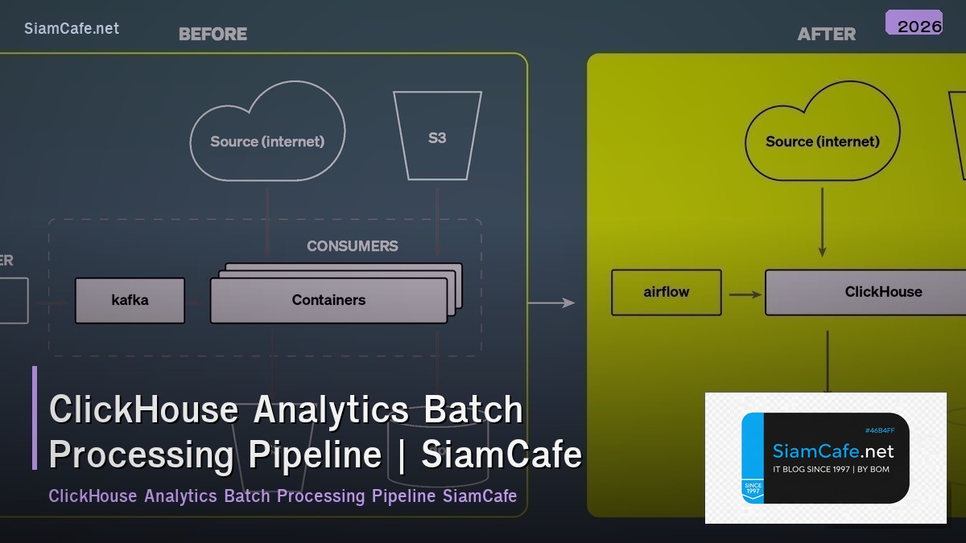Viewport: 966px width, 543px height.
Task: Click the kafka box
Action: pyautogui.click(x=130, y=300)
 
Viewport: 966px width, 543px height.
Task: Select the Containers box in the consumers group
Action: pyautogui.click(x=328, y=300)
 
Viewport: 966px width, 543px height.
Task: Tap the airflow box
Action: pyautogui.click(x=667, y=292)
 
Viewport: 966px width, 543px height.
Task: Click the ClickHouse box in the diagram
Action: pyautogui.click(x=882, y=292)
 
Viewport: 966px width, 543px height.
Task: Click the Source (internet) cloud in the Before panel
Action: pyautogui.click(x=267, y=141)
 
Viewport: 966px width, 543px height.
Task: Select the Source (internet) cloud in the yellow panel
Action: pyautogui.click(x=822, y=141)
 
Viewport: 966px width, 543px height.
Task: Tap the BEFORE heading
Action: pyautogui.click(x=213, y=34)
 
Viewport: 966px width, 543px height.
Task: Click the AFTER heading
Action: pyautogui.click(x=826, y=34)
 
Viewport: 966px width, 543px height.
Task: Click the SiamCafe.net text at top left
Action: pyautogui.click(x=72, y=28)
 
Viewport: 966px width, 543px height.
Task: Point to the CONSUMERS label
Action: pyautogui.click(x=352, y=246)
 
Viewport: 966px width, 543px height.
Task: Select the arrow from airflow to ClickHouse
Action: pyautogui.click(x=745, y=294)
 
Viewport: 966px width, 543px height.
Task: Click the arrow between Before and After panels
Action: pyautogui.click(x=551, y=303)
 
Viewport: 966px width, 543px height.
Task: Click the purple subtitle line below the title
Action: pyautogui.click(x=283, y=496)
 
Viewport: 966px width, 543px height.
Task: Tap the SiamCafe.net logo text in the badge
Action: pyautogui.click(x=832, y=451)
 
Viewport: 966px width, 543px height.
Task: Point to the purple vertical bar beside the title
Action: pyautogui.click(x=35, y=418)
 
